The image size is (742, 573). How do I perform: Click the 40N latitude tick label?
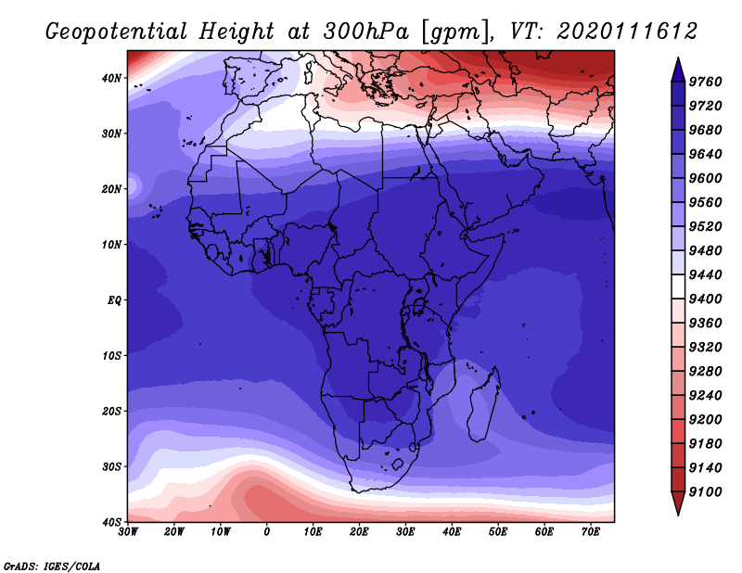click(x=111, y=78)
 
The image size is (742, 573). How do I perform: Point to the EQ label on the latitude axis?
click(x=114, y=300)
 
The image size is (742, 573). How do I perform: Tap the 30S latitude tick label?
click(x=111, y=467)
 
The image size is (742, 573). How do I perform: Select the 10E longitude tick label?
click(x=313, y=532)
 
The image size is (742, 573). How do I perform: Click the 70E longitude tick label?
click(x=591, y=532)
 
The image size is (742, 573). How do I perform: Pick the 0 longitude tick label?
click(x=267, y=532)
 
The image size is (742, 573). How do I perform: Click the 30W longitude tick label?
click(x=128, y=532)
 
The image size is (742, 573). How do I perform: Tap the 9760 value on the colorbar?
click(x=705, y=82)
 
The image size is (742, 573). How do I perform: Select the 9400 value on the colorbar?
click(x=705, y=299)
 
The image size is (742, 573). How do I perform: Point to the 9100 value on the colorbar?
click(x=705, y=492)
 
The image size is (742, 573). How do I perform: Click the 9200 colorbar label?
click(x=705, y=420)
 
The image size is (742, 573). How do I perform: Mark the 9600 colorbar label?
click(x=705, y=178)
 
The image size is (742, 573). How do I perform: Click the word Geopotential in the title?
click(x=117, y=32)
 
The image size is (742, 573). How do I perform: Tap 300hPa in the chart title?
click(x=365, y=32)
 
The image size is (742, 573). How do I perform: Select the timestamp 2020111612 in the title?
click(x=627, y=32)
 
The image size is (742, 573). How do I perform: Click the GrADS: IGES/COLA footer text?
click(x=52, y=567)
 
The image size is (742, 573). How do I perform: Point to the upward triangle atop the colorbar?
click(x=678, y=70)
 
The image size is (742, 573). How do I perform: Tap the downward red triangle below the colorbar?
click(x=678, y=503)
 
